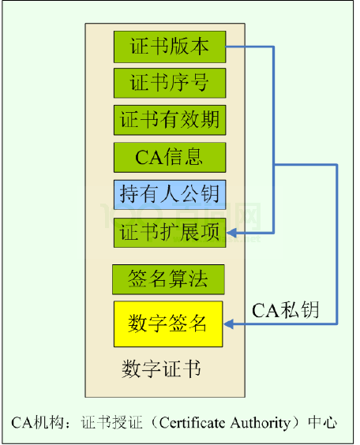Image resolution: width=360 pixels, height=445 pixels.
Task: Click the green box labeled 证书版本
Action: click(x=170, y=47)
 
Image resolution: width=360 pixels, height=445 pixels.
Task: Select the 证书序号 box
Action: click(x=170, y=83)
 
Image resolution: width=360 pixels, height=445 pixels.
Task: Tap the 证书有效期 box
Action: click(x=170, y=120)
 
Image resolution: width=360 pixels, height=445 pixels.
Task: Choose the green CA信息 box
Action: click(x=170, y=157)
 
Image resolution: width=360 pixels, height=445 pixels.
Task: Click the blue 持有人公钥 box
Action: click(x=170, y=194)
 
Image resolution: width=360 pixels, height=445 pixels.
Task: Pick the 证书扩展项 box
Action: click(x=170, y=232)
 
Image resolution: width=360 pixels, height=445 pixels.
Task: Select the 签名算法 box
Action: click(x=170, y=278)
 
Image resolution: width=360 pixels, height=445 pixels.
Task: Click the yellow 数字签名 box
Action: click(x=168, y=323)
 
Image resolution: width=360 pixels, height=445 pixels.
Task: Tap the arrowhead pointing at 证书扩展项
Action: click(x=232, y=232)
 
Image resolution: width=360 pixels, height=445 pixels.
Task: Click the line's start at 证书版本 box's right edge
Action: click(x=228, y=47)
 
